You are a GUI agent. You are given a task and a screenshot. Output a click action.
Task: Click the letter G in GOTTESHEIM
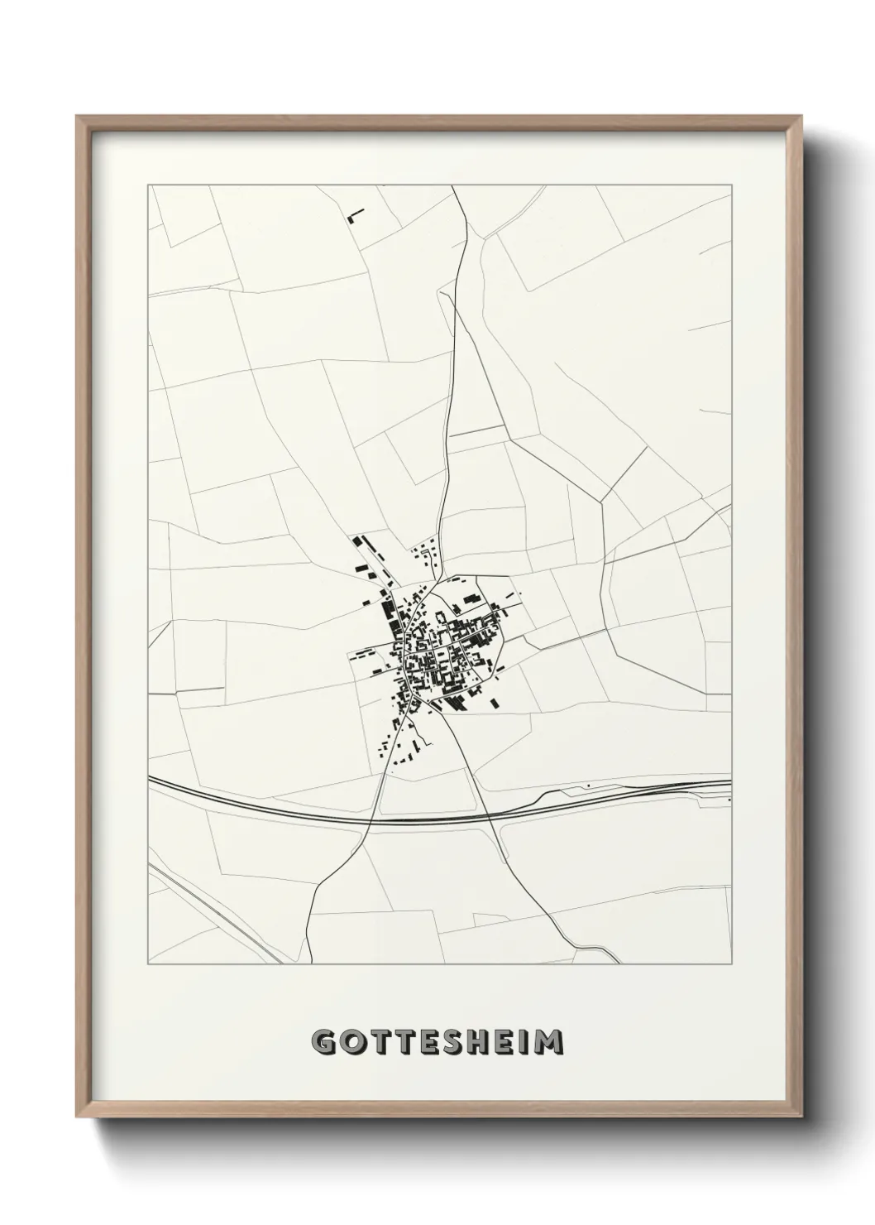tap(323, 1042)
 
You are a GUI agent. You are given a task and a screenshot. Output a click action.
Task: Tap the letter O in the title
tap(351, 1042)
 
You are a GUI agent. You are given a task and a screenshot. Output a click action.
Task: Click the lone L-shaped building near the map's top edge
tap(355, 217)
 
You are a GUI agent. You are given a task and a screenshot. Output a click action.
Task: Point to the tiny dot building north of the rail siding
tap(587, 784)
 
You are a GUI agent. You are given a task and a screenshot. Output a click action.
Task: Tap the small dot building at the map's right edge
tap(729, 800)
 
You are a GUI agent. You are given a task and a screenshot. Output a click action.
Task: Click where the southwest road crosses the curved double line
tap(371, 819)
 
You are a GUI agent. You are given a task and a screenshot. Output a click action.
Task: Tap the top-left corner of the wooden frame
tap(77, 116)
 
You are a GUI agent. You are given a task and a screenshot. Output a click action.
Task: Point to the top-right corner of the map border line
tap(731, 185)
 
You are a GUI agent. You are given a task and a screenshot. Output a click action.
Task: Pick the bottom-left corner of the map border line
tap(148, 964)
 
